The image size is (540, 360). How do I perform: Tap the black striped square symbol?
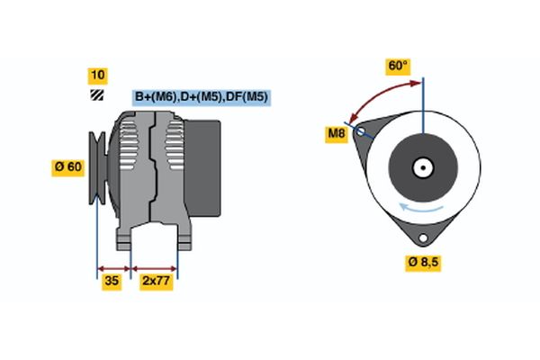tap(97, 94)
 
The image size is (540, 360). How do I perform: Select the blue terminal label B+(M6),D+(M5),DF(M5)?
tap(202, 97)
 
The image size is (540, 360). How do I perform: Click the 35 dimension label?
tap(112, 282)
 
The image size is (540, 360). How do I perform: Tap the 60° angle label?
tap(398, 66)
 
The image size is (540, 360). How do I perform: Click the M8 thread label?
tap(336, 135)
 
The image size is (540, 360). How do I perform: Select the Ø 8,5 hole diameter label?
tap(424, 262)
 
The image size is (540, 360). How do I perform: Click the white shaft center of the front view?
tap(422, 167)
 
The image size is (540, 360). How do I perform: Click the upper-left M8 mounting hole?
tap(362, 132)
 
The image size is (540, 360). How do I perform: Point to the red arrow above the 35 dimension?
tap(113, 267)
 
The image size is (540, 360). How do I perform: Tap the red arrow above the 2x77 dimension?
tap(155, 267)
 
